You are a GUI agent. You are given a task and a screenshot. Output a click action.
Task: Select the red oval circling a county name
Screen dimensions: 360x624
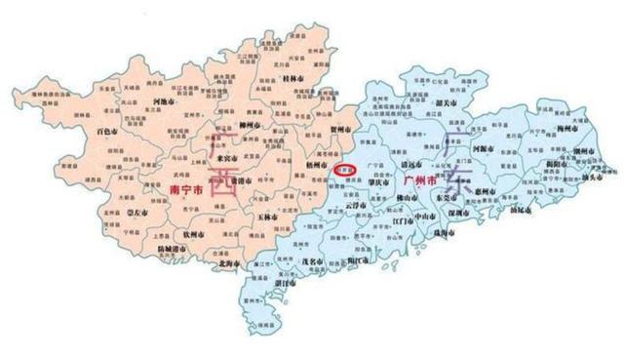(x=345, y=169)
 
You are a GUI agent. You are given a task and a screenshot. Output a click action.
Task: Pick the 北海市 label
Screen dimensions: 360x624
(x=228, y=260)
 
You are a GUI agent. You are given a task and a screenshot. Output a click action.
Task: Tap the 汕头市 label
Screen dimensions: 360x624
(x=591, y=179)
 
